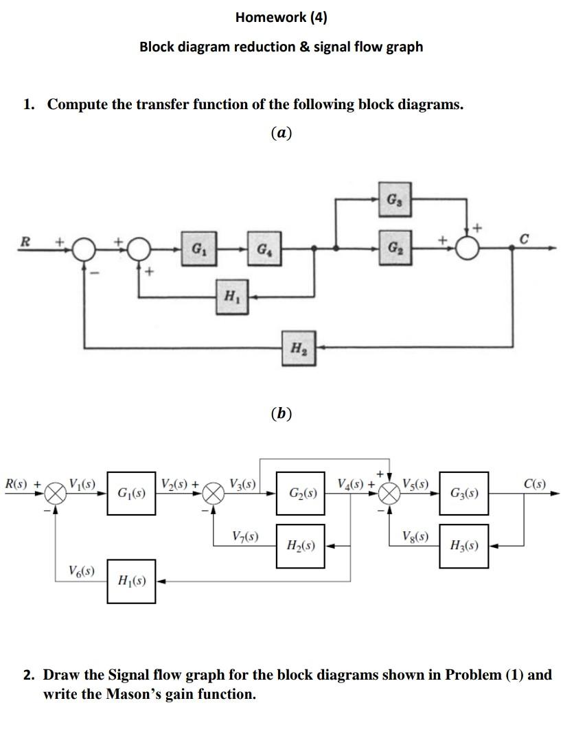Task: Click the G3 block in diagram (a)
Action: point(391,200)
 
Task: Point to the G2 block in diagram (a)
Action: point(391,246)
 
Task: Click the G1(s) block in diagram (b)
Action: point(131,493)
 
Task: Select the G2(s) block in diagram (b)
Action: point(301,493)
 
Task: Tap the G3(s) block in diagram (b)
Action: point(463,493)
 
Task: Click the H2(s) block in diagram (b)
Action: point(301,546)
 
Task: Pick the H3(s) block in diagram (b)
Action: point(463,546)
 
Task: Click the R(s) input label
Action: point(19,484)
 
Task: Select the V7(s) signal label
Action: point(245,536)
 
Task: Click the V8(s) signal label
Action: point(417,536)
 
